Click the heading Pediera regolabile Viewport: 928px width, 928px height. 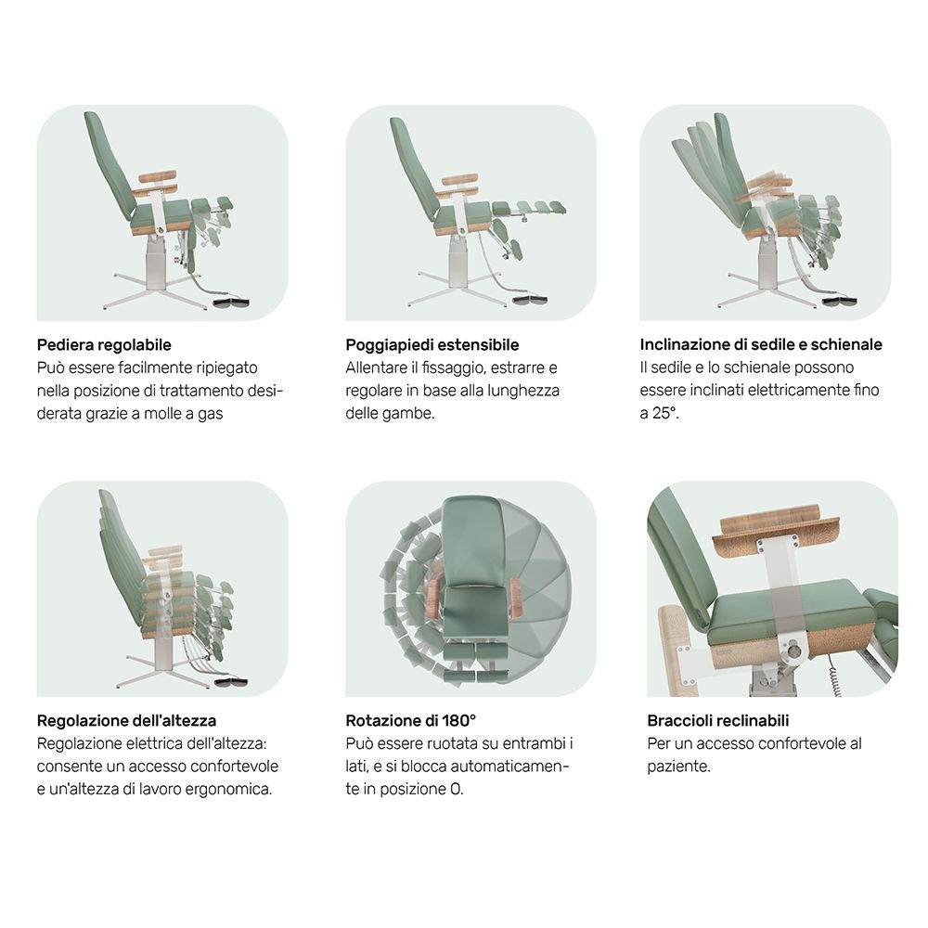pyautogui.click(x=104, y=345)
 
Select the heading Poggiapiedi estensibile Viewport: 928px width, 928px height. pyautogui.click(x=432, y=345)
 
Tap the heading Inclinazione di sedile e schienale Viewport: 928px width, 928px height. pyautogui.click(x=761, y=344)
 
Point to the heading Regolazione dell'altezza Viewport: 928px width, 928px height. pyautogui.click(x=126, y=721)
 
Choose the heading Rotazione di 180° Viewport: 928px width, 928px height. pyautogui.click(x=411, y=721)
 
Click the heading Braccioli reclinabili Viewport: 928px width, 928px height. pyautogui.click(x=718, y=721)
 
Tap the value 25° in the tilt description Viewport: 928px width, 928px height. pyautogui.click(x=664, y=413)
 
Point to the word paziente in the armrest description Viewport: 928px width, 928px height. pyautogui.click(x=678, y=767)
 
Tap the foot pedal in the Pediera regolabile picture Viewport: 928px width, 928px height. pyautogui.click(x=231, y=303)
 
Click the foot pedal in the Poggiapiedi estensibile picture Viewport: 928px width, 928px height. pyautogui.click(x=530, y=300)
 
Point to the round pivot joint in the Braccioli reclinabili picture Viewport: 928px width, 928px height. pyautogui.click(x=794, y=651)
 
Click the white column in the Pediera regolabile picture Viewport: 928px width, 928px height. pyautogui.click(x=156, y=263)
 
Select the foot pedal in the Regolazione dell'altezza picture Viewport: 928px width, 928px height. pyautogui.click(x=230, y=682)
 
